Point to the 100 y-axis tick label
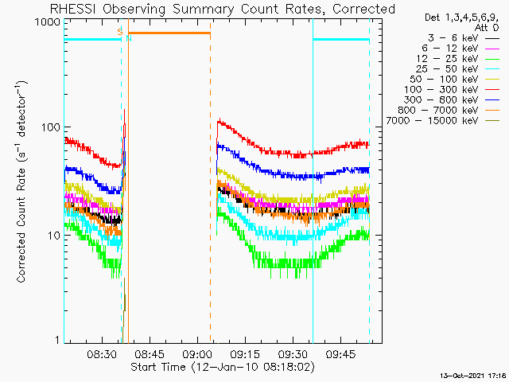[x=50, y=127]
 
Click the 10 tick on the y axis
[x=52, y=236]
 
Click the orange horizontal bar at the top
[x=169, y=33]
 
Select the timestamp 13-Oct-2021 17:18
[x=474, y=374]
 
